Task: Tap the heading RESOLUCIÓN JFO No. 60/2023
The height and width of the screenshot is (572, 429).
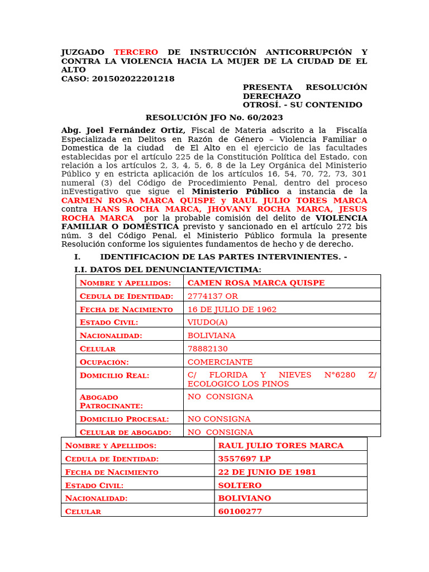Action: click(214, 117)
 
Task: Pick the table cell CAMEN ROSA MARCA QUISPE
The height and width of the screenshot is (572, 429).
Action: click(256, 283)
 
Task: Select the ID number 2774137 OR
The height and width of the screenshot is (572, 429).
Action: click(213, 296)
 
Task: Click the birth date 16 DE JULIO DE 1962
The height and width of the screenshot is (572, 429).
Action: click(232, 309)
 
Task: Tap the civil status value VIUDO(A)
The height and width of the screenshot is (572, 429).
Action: click(208, 322)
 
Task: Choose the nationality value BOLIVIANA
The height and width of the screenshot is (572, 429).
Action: click(211, 336)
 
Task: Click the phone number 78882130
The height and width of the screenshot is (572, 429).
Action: click(207, 349)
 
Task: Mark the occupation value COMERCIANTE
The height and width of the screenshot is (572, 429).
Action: click(220, 362)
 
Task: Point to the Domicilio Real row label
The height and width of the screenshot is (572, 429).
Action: click(115, 375)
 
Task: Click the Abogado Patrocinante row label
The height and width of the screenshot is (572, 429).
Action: click(111, 401)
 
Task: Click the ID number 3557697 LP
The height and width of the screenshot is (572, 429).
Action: click(244, 459)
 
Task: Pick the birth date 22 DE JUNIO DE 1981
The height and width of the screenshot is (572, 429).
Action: click(267, 472)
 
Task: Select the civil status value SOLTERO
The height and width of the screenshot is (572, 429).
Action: click(240, 485)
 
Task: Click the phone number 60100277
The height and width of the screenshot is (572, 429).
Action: click(240, 511)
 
